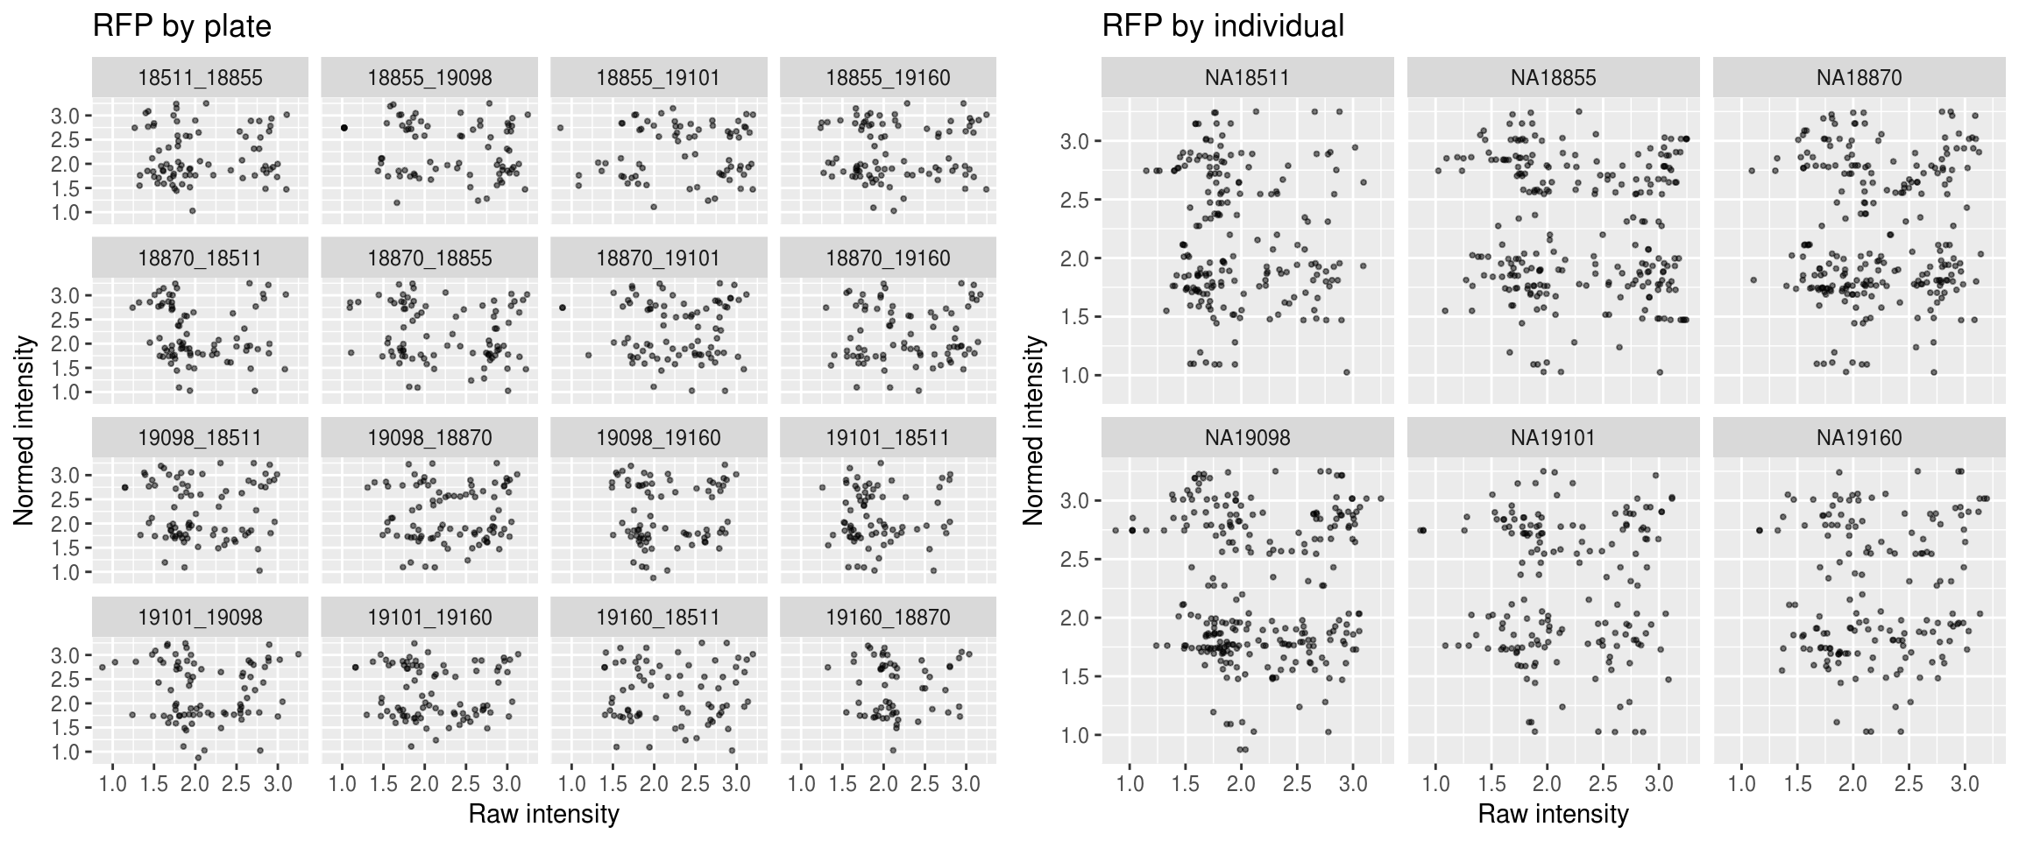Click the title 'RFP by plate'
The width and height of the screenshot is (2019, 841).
182,26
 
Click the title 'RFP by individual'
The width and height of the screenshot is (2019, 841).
1222,26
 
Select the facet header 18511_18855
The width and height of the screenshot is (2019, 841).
200,78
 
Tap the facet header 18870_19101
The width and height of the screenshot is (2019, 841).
658,258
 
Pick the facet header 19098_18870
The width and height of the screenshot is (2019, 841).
429,438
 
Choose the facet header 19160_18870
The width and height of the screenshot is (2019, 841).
888,618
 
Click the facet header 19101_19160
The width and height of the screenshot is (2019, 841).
429,618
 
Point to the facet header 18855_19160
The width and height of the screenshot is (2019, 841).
888,78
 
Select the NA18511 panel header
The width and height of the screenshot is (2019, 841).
1247,78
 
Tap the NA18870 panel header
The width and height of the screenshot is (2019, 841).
1859,78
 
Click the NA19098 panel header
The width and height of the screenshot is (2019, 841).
1247,438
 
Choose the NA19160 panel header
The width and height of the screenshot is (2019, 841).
1859,438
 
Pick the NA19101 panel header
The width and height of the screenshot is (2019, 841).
1553,438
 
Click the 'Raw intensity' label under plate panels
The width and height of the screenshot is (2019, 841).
543,814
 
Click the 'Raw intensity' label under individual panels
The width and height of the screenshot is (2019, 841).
1553,814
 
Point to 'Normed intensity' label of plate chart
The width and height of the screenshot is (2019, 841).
25,429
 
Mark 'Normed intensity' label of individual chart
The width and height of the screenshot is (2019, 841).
1034,429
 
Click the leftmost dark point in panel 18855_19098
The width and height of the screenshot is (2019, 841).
344,128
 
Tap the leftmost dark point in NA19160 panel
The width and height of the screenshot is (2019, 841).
1760,530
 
